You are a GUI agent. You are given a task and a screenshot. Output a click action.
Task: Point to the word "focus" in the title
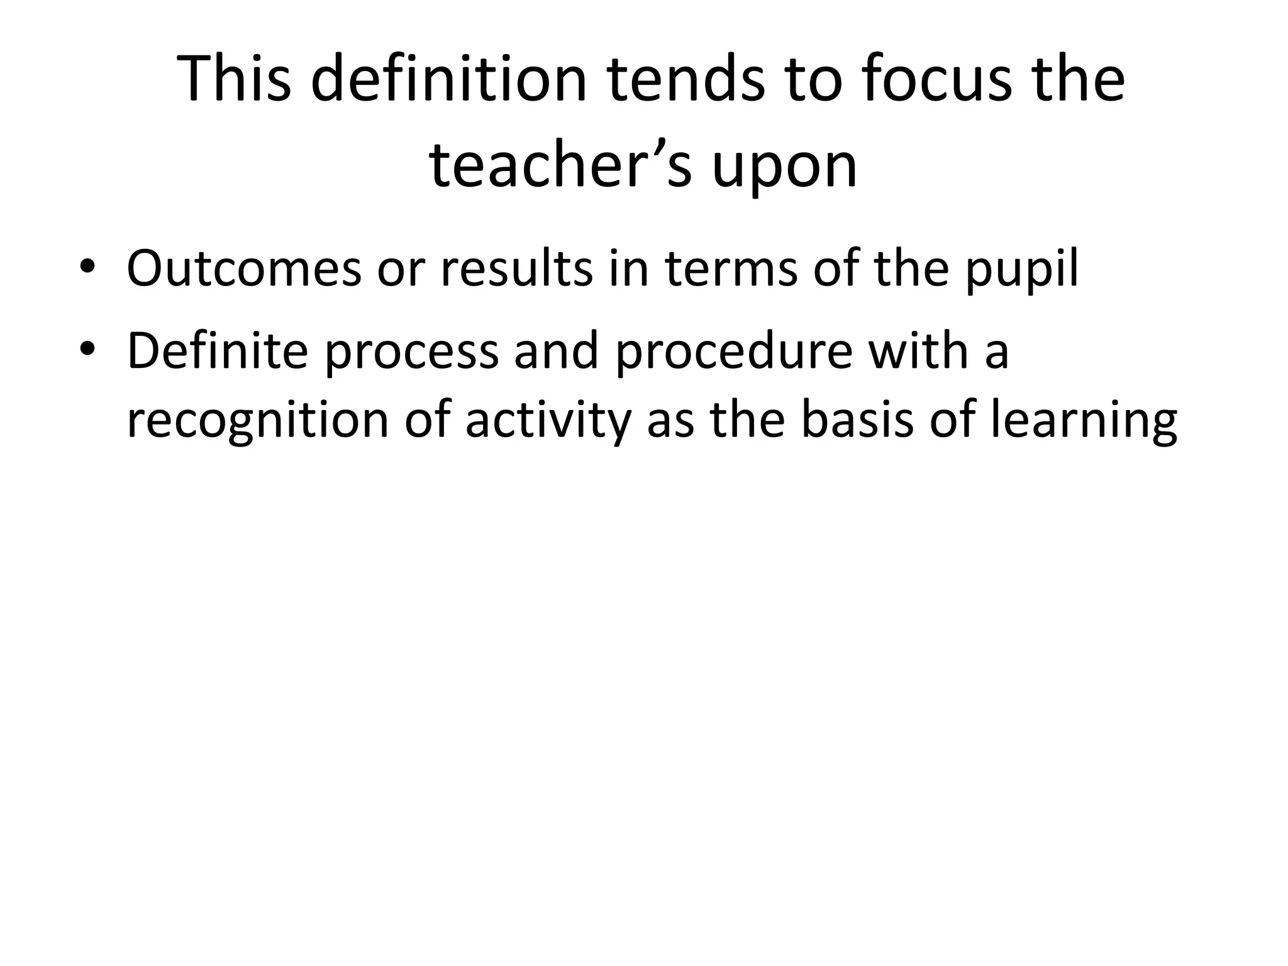(x=938, y=79)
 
